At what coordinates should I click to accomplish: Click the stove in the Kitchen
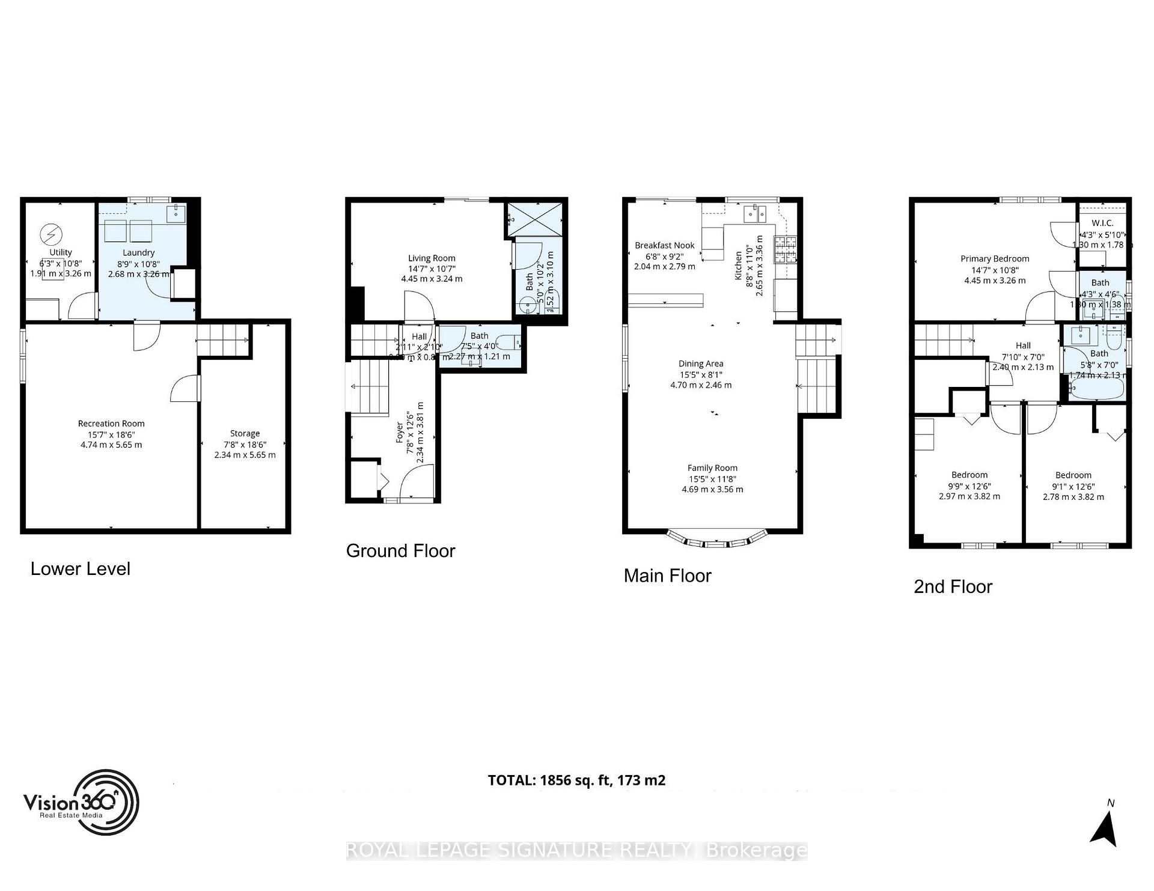click(785, 250)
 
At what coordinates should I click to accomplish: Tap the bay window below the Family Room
click(717, 540)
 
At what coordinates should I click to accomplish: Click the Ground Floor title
click(400, 551)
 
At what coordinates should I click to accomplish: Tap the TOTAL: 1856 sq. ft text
click(576, 780)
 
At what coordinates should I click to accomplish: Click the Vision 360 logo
click(81, 802)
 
